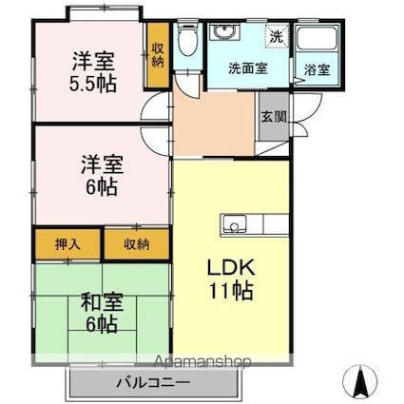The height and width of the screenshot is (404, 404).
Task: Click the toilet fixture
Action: point(187,39)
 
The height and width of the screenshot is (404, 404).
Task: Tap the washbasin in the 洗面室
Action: point(224,32)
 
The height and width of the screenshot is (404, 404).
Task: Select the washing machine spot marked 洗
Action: point(278,36)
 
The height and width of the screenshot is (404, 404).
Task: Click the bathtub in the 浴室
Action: point(317,38)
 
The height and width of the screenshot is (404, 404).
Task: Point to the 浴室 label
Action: point(317,69)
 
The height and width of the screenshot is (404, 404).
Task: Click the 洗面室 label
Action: point(248,68)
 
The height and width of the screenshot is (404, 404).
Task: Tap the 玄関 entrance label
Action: point(274,117)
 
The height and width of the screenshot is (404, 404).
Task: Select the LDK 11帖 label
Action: point(231,279)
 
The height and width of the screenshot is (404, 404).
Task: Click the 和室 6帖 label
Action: point(102,313)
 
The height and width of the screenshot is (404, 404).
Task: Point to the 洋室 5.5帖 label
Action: point(93,72)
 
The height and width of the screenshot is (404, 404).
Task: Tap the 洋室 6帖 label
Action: point(102,175)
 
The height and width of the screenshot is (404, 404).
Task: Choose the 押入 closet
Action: point(67,244)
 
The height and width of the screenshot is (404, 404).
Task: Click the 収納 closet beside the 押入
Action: point(137,244)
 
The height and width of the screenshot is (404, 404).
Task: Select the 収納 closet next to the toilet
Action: point(158,55)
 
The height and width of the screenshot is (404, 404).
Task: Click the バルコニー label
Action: point(153,383)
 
